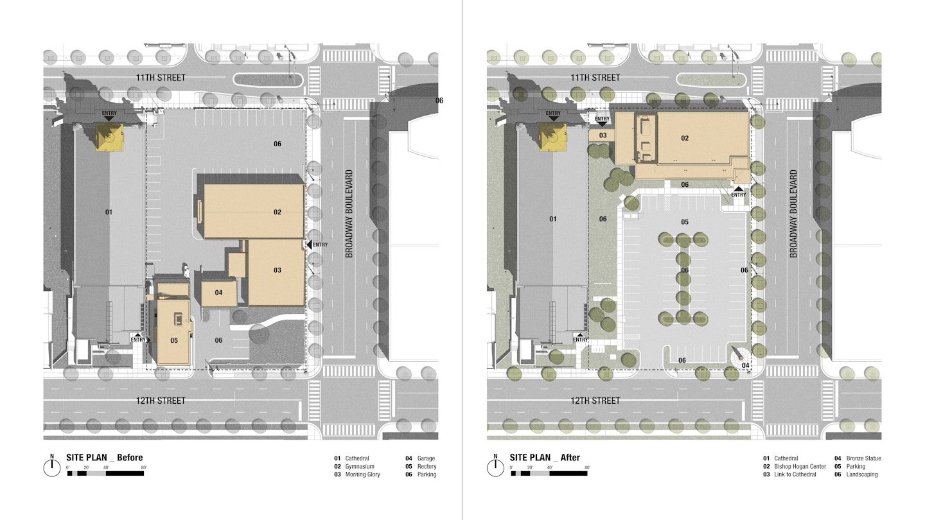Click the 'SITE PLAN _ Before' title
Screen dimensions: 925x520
(x=105, y=457)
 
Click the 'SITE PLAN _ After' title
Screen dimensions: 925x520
(x=545, y=457)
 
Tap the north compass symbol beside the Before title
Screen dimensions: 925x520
(x=52, y=467)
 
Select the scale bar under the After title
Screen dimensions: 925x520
(x=549, y=473)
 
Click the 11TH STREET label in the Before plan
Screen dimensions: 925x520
(x=161, y=78)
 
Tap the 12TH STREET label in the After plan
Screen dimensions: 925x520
(x=595, y=401)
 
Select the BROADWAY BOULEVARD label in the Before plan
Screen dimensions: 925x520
(x=349, y=214)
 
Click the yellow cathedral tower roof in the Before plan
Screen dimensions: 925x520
(x=109, y=137)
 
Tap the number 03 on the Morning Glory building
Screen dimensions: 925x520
(x=277, y=270)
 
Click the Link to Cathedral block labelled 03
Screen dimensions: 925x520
(x=602, y=135)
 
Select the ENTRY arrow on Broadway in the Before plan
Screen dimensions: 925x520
(x=309, y=245)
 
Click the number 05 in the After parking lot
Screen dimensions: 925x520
(x=685, y=222)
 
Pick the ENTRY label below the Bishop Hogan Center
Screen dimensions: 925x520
(x=738, y=195)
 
